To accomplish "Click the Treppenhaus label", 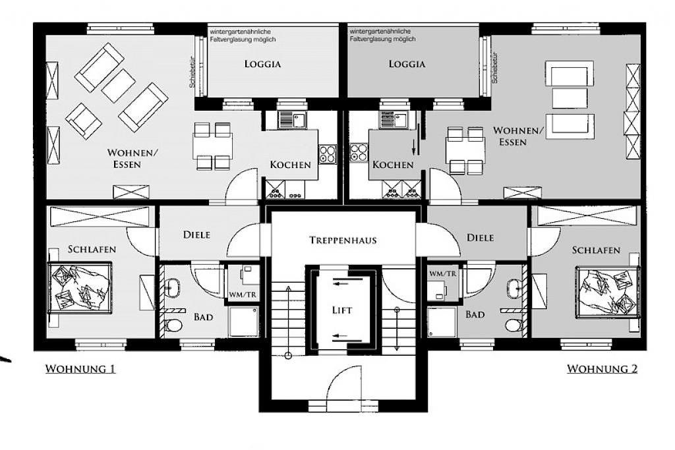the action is tap(343, 240).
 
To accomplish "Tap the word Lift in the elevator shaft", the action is tap(342, 310).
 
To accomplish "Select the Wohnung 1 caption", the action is tap(80, 369).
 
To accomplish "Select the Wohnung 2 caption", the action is tap(602, 369).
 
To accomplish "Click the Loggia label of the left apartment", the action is tap(262, 64).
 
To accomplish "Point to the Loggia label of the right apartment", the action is tap(407, 64).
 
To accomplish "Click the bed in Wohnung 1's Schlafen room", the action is tap(80, 287).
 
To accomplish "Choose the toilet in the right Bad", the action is tap(514, 324).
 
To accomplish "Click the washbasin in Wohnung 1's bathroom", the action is tap(173, 287).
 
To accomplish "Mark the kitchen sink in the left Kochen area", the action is tap(292, 119).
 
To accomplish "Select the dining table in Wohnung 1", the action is tap(213, 146).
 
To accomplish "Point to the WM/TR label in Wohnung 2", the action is tap(442, 273).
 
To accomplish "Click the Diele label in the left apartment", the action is tap(196, 235).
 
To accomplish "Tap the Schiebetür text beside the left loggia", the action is tap(192, 72).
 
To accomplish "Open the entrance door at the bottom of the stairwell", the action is tap(344, 383).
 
